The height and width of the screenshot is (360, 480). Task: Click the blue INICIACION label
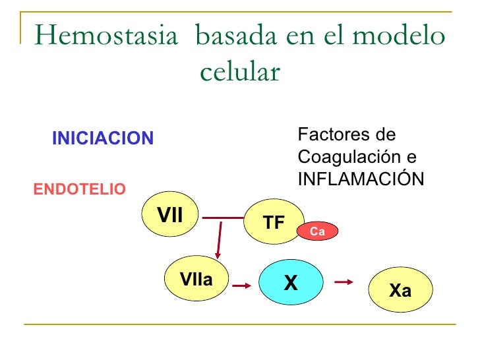click(x=103, y=138)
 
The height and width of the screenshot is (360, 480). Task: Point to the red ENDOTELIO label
click(x=79, y=190)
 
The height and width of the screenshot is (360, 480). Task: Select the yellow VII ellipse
click(x=171, y=214)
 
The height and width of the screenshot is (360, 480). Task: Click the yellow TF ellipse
click(x=274, y=223)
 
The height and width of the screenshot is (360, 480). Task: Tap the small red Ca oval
click(x=317, y=231)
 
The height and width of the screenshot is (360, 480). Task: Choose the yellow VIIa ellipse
click(x=196, y=280)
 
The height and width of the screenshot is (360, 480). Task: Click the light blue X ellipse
click(x=291, y=283)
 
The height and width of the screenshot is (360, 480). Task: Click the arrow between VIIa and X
click(x=241, y=285)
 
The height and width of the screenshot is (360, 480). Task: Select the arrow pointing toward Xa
click(x=344, y=282)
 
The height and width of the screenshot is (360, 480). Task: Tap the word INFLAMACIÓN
click(x=361, y=179)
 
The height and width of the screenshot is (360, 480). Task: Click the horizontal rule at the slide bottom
click(x=240, y=324)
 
